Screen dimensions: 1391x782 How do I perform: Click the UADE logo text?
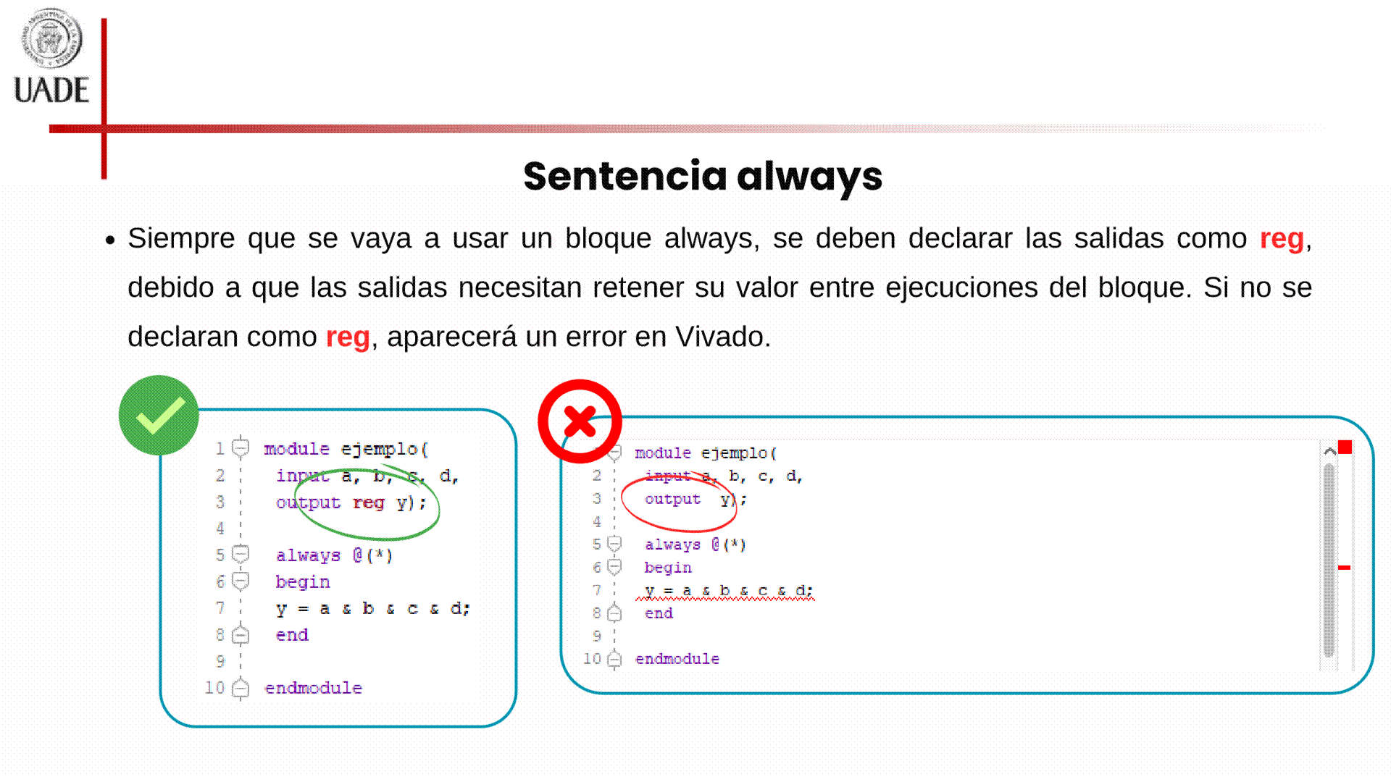pyautogui.click(x=51, y=91)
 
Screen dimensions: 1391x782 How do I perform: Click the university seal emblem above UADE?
pyautogui.click(x=51, y=38)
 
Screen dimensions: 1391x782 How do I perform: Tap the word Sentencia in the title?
pyautogui.click(x=625, y=176)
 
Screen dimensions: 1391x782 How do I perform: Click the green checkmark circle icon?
pyautogui.click(x=159, y=415)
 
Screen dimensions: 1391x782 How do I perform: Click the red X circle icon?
pyautogui.click(x=580, y=421)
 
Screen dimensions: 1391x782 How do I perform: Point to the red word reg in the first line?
pyautogui.click(x=1282, y=239)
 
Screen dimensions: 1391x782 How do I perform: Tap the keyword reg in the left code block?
pyautogui.click(x=368, y=503)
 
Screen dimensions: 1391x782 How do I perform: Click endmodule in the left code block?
pyautogui.click(x=314, y=688)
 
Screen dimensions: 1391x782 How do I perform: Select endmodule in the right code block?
pyautogui.click(x=677, y=659)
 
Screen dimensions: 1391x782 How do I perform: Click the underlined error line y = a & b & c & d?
pyautogui.click(x=728, y=591)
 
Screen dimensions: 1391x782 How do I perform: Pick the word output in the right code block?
pyautogui.click(x=672, y=500)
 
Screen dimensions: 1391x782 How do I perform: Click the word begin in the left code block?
pyautogui.click(x=303, y=582)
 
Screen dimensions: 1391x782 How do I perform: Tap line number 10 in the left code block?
pyautogui.click(x=214, y=687)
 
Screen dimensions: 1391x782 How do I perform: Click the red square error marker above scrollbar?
pyautogui.click(x=1345, y=447)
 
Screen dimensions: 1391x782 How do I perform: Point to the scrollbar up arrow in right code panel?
pyautogui.click(x=1329, y=452)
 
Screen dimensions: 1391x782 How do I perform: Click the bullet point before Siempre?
pyautogui.click(x=110, y=240)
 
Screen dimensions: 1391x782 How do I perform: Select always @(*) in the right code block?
pyautogui.click(x=695, y=545)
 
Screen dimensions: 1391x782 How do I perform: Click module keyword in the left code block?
pyautogui.click(x=297, y=449)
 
